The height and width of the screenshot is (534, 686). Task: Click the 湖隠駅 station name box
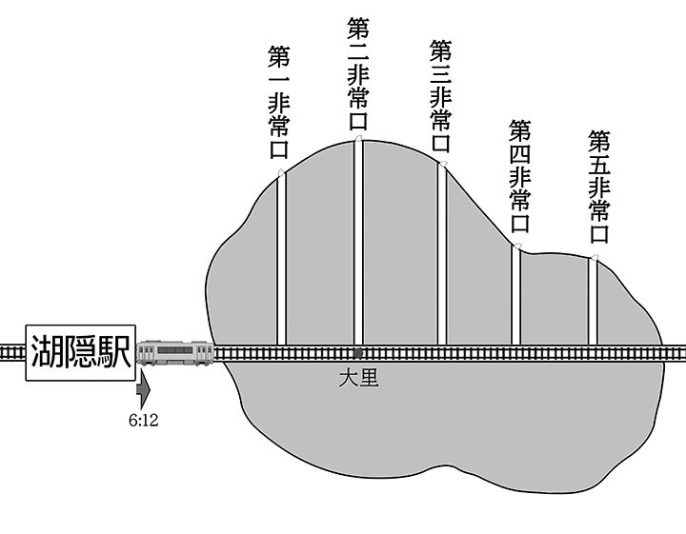(x=80, y=351)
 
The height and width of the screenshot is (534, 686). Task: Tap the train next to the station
(x=174, y=353)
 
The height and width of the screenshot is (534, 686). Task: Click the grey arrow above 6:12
(x=143, y=387)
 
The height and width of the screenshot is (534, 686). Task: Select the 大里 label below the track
(x=358, y=377)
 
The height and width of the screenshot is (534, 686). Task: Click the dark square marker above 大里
(x=358, y=352)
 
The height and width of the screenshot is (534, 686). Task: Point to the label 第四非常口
(x=519, y=176)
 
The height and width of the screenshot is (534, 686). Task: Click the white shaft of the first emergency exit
(x=281, y=258)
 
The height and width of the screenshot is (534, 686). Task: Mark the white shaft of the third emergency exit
(x=442, y=253)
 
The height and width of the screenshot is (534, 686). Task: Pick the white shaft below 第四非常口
(x=516, y=296)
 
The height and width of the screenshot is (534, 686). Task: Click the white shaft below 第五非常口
(x=593, y=301)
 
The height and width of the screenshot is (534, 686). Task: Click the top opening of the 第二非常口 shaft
(x=358, y=139)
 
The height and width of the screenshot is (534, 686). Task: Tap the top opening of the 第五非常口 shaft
(x=594, y=258)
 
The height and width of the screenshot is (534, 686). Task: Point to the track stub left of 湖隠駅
(x=10, y=352)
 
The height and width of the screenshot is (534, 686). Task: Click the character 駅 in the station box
(x=116, y=351)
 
